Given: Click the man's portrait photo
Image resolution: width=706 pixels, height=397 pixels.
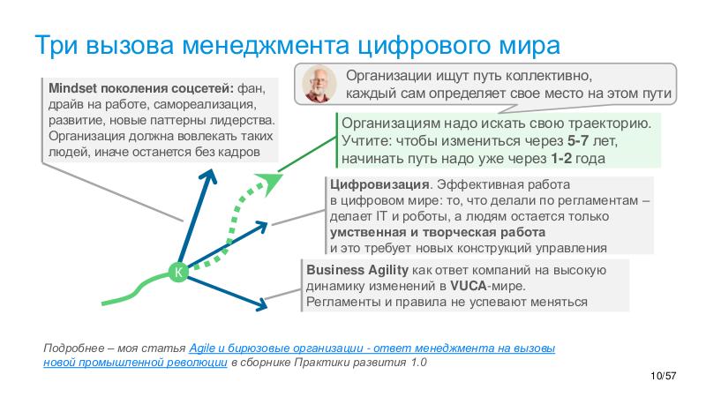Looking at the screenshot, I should tap(318, 84).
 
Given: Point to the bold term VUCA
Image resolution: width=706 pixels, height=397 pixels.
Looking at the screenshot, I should tap(468, 287).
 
